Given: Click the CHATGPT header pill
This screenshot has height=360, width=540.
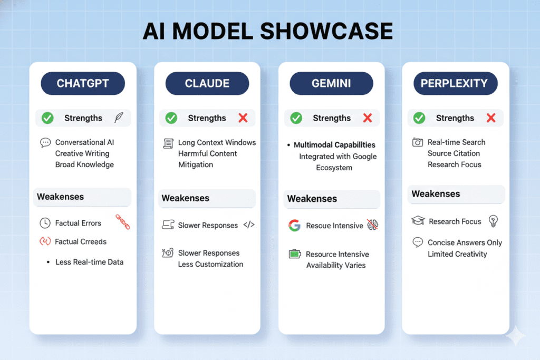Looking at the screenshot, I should pyautogui.click(x=83, y=84).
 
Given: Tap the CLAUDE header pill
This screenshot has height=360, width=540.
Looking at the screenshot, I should pyautogui.click(x=207, y=84).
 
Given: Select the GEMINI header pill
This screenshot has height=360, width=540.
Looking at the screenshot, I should pyautogui.click(x=332, y=84).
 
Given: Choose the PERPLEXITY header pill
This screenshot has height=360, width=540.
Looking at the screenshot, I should pyautogui.click(x=455, y=84).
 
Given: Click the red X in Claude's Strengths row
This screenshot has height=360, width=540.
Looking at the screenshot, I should pyautogui.click(x=243, y=118).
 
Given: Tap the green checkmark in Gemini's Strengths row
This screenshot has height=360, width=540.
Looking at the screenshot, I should pyautogui.click(x=296, y=118).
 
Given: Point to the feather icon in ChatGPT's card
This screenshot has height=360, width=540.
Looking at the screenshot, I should pyautogui.click(x=119, y=118).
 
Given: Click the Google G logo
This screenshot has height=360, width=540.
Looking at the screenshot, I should pyautogui.click(x=294, y=226).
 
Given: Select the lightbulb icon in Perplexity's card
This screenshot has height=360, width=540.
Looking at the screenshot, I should pyautogui.click(x=494, y=221).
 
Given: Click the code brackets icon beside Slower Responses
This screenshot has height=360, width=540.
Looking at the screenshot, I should pyautogui.click(x=249, y=225).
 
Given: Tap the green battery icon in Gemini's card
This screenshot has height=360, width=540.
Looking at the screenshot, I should pyautogui.click(x=294, y=254).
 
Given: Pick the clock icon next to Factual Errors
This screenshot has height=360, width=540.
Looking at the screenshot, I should pyautogui.click(x=45, y=223).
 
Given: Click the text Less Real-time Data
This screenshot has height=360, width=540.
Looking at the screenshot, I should pyautogui.click(x=89, y=262).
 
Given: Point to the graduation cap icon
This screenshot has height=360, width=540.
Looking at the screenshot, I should pyautogui.click(x=418, y=221).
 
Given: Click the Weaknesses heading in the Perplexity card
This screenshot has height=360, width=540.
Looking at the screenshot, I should pyautogui.click(x=436, y=194).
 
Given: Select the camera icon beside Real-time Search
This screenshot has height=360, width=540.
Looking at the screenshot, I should pyautogui.click(x=418, y=142).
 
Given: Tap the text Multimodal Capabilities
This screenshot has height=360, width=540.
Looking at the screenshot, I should pyautogui.click(x=334, y=144).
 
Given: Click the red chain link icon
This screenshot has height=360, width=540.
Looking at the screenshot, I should pyautogui.click(x=122, y=222).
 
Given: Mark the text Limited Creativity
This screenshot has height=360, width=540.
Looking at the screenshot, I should pyautogui.click(x=457, y=254).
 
